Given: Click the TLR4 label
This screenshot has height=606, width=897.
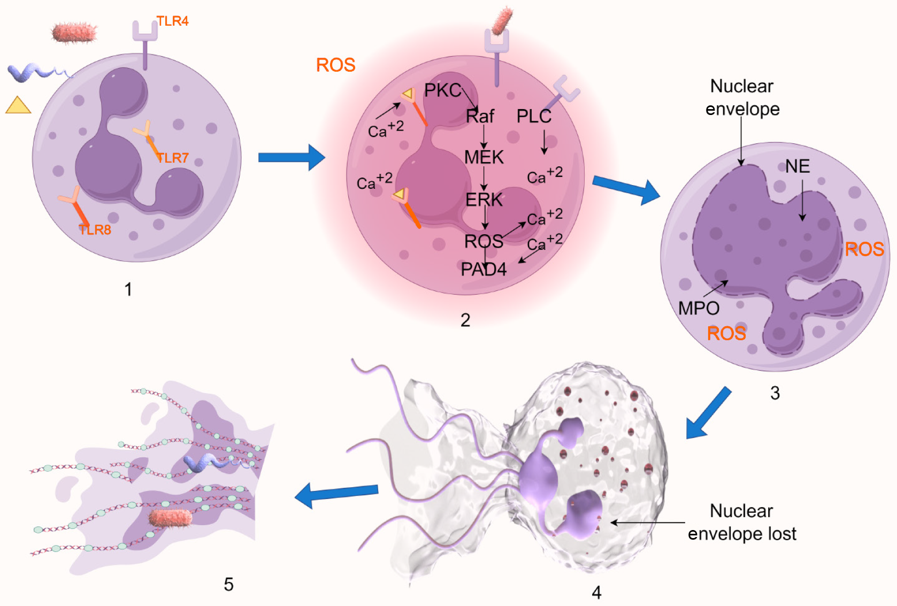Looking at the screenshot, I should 172,21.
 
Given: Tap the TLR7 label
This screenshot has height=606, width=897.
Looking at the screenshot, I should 172,158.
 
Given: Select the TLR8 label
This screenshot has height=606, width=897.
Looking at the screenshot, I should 95,230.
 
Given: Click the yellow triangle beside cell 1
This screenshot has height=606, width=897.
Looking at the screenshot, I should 18,106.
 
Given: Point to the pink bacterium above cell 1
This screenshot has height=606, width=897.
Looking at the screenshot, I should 74,33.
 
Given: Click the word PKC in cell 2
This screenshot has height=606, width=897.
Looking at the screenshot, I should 442,90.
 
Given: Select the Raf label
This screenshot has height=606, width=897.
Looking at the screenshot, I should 480,116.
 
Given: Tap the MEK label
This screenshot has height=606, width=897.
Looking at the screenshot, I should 484,157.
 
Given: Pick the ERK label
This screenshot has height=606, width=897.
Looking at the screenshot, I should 484,200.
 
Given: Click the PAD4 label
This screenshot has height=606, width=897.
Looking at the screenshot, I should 484,269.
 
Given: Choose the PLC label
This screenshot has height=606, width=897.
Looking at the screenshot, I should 533,116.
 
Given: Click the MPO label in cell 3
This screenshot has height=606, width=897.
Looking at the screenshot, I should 699,308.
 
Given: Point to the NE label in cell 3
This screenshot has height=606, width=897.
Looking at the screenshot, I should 797,166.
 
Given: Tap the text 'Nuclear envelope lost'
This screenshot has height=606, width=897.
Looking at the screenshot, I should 742,523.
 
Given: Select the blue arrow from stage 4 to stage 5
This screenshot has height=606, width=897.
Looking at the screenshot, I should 336,493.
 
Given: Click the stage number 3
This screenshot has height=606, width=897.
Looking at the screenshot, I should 775,393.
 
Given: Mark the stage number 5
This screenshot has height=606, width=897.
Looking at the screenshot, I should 228,584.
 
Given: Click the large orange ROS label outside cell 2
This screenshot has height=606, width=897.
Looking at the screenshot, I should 335,65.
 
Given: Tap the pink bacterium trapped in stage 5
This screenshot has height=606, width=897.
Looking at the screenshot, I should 170,518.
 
